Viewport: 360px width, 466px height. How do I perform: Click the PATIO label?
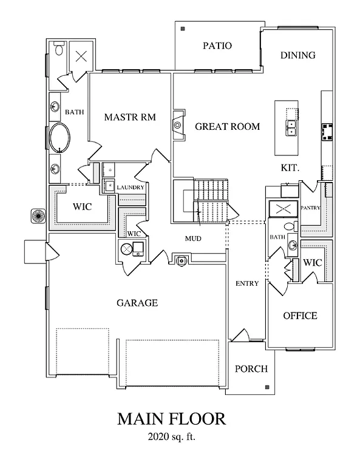click(x=217, y=46)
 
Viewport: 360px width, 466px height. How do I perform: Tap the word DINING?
click(x=297, y=55)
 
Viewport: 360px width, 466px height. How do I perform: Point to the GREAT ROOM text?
click(x=227, y=127)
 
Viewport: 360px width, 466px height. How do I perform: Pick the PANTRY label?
click(x=310, y=207)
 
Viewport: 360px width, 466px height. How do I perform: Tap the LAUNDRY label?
click(x=130, y=187)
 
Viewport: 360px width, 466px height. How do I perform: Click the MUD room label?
click(x=193, y=238)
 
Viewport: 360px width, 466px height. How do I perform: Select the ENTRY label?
click(x=247, y=283)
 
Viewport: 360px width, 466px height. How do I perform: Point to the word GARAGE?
click(x=138, y=303)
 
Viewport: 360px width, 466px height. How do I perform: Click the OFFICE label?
click(x=300, y=316)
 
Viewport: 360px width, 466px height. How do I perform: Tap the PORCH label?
click(x=251, y=368)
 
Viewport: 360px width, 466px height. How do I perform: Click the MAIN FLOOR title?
click(x=171, y=419)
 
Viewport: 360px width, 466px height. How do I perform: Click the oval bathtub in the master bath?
click(x=61, y=138)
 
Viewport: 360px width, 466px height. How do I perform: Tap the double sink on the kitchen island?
click(x=291, y=127)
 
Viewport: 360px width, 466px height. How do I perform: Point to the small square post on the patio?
click(x=183, y=28)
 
